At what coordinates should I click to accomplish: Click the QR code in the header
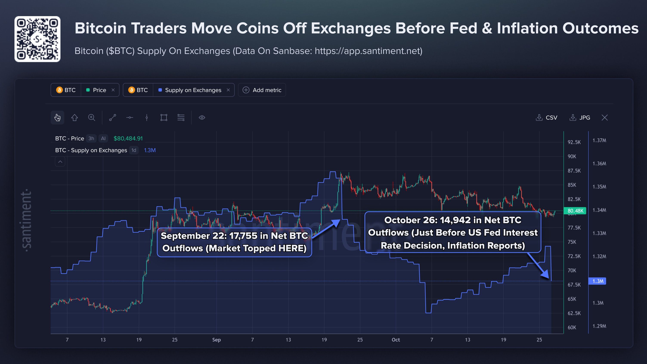pyautogui.click(x=37, y=39)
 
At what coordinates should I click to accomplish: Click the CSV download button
pyautogui.click(x=546, y=117)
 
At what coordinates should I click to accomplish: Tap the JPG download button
pyautogui.click(x=580, y=117)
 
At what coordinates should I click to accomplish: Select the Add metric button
pyautogui.click(x=262, y=90)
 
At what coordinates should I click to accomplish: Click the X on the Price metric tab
pyautogui.click(x=113, y=90)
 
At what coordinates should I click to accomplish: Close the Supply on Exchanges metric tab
pyautogui.click(x=228, y=90)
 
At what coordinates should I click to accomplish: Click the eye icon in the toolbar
pyautogui.click(x=202, y=117)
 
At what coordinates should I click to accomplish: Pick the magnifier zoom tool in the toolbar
pyautogui.click(x=92, y=117)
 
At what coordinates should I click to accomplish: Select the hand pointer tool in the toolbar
pyautogui.click(x=57, y=117)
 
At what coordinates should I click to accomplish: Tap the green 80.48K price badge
pyautogui.click(x=575, y=211)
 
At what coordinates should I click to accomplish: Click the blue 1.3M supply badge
pyautogui.click(x=597, y=281)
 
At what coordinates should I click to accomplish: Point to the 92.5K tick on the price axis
pyautogui.click(x=574, y=142)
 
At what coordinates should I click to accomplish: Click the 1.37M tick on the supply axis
pyautogui.click(x=599, y=140)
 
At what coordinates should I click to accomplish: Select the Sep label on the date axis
pyautogui.click(x=217, y=340)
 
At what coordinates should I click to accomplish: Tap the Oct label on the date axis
pyautogui.click(x=396, y=340)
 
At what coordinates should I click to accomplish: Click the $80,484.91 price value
pyautogui.click(x=128, y=138)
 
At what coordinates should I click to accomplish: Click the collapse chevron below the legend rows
pyautogui.click(x=60, y=162)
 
